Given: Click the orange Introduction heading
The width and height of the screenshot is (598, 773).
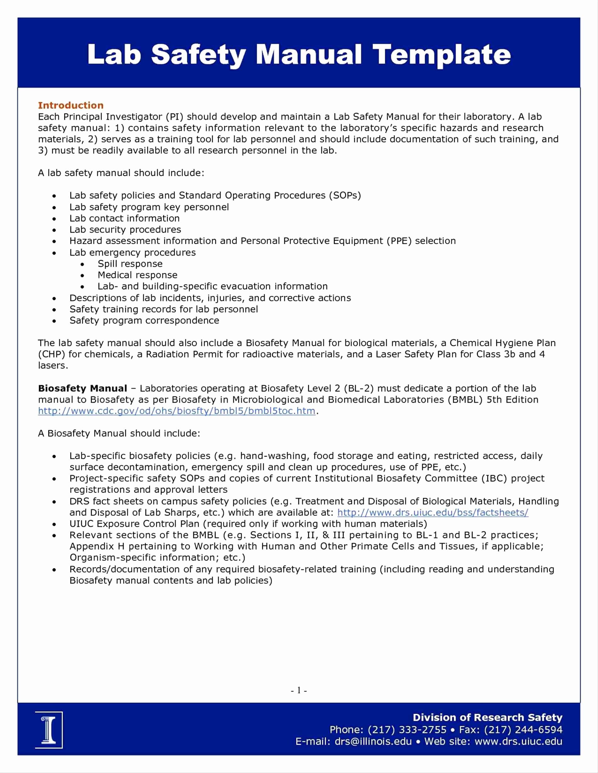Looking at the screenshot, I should pos(71,105).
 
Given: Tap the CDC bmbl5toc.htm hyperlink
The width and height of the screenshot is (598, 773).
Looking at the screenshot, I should pos(177,411).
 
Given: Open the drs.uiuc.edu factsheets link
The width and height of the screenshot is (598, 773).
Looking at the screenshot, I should pos(432,513).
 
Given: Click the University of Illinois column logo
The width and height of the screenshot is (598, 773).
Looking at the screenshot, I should pos(49,730).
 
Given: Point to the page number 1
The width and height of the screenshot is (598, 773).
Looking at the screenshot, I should pos(299,691).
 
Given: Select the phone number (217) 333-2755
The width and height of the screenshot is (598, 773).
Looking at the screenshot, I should pos(407,730).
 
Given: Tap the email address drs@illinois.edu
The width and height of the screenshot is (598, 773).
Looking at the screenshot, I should pos(373,742).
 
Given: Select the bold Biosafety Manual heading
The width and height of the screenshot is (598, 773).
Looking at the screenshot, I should pos(82,388).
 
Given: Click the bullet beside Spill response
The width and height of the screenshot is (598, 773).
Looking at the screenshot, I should pos(82,264).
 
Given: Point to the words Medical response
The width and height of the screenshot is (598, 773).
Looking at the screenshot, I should pos(138,275).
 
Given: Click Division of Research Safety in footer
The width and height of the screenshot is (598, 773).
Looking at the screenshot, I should pos(488,717).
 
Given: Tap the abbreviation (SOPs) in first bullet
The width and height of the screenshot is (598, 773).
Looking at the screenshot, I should pos(345,195).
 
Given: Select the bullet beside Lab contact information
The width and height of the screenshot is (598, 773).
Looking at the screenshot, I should pos(54,219).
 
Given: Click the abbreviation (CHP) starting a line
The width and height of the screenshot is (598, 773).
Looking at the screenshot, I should pos(52,354).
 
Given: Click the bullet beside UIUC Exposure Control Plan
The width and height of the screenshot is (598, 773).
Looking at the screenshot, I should pos(54,524).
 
